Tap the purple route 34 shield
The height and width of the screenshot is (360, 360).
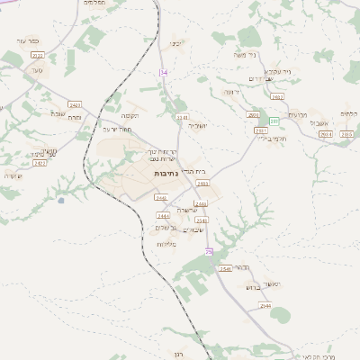163,72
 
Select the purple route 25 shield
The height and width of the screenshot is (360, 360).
209,251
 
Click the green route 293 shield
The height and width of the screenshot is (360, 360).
274,121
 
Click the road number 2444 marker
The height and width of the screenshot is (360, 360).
163,216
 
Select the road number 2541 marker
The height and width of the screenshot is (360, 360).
225,269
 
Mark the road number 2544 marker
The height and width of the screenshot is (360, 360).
265,305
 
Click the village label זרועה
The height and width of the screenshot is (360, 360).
231,92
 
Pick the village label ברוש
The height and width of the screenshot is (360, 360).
252,287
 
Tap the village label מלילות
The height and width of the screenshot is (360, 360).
166,244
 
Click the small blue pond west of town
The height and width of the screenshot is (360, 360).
60,200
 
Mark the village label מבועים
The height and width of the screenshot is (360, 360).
300,114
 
